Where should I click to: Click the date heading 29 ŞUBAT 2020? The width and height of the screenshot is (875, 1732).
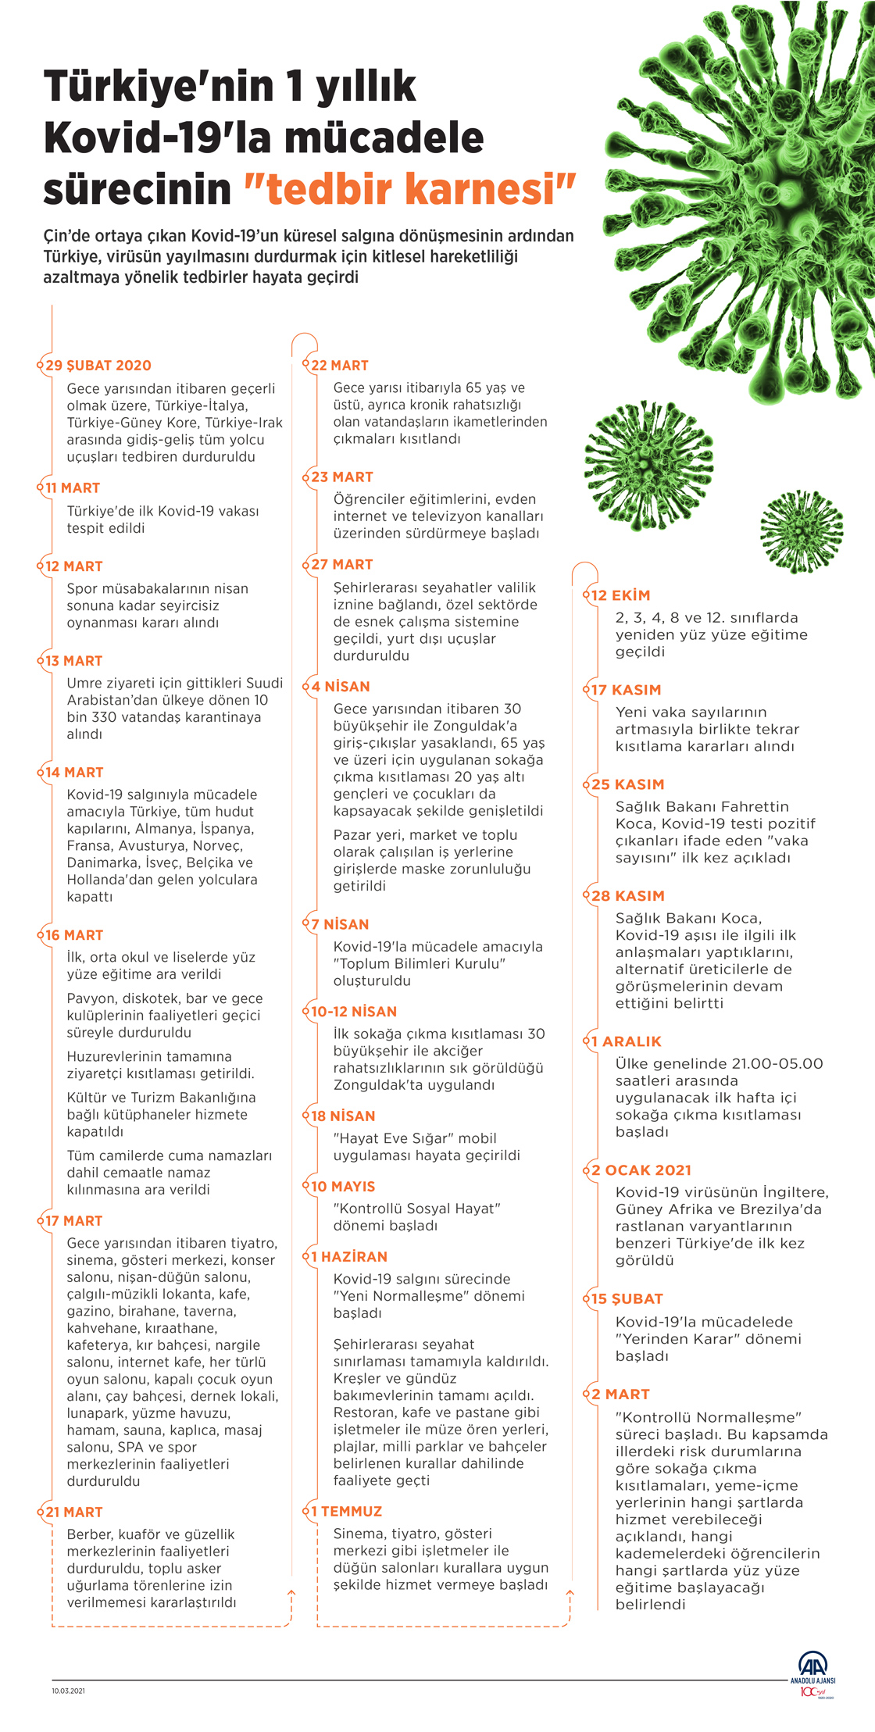[98, 366]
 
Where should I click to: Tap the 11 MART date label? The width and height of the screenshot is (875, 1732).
[73, 488]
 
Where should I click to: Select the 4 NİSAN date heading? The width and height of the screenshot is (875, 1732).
[341, 687]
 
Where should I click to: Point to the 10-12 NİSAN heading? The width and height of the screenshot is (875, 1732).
[354, 1012]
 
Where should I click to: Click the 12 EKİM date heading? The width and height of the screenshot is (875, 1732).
[621, 595]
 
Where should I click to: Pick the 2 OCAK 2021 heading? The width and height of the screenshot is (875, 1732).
[641, 1170]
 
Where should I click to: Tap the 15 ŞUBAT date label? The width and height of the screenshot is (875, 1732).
[627, 1299]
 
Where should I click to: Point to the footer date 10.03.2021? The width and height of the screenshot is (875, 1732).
[69, 1691]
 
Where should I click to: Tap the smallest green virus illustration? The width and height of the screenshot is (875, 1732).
[802, 531]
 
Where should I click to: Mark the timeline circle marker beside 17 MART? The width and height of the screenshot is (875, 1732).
[40, 1221]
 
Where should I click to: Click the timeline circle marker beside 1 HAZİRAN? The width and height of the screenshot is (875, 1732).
[306, 1257]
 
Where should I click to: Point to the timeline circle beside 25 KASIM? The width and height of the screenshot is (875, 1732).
[587, 785]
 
